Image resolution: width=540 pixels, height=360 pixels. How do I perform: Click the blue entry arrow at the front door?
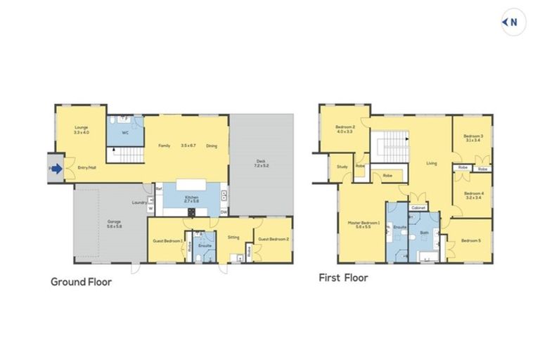(56, 169)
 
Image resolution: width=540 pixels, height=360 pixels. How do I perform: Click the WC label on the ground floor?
(124, 131)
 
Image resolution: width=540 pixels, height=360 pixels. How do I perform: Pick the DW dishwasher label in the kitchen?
(223, 212)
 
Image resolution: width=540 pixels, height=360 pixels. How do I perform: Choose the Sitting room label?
(233, 237)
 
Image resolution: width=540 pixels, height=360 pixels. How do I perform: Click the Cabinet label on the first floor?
(418, 208)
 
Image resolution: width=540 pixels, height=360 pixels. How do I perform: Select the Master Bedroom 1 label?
(364, 224)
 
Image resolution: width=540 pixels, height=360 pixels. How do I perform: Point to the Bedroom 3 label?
(472, 138)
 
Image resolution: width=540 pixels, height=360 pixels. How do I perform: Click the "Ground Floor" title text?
(81, 282)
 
